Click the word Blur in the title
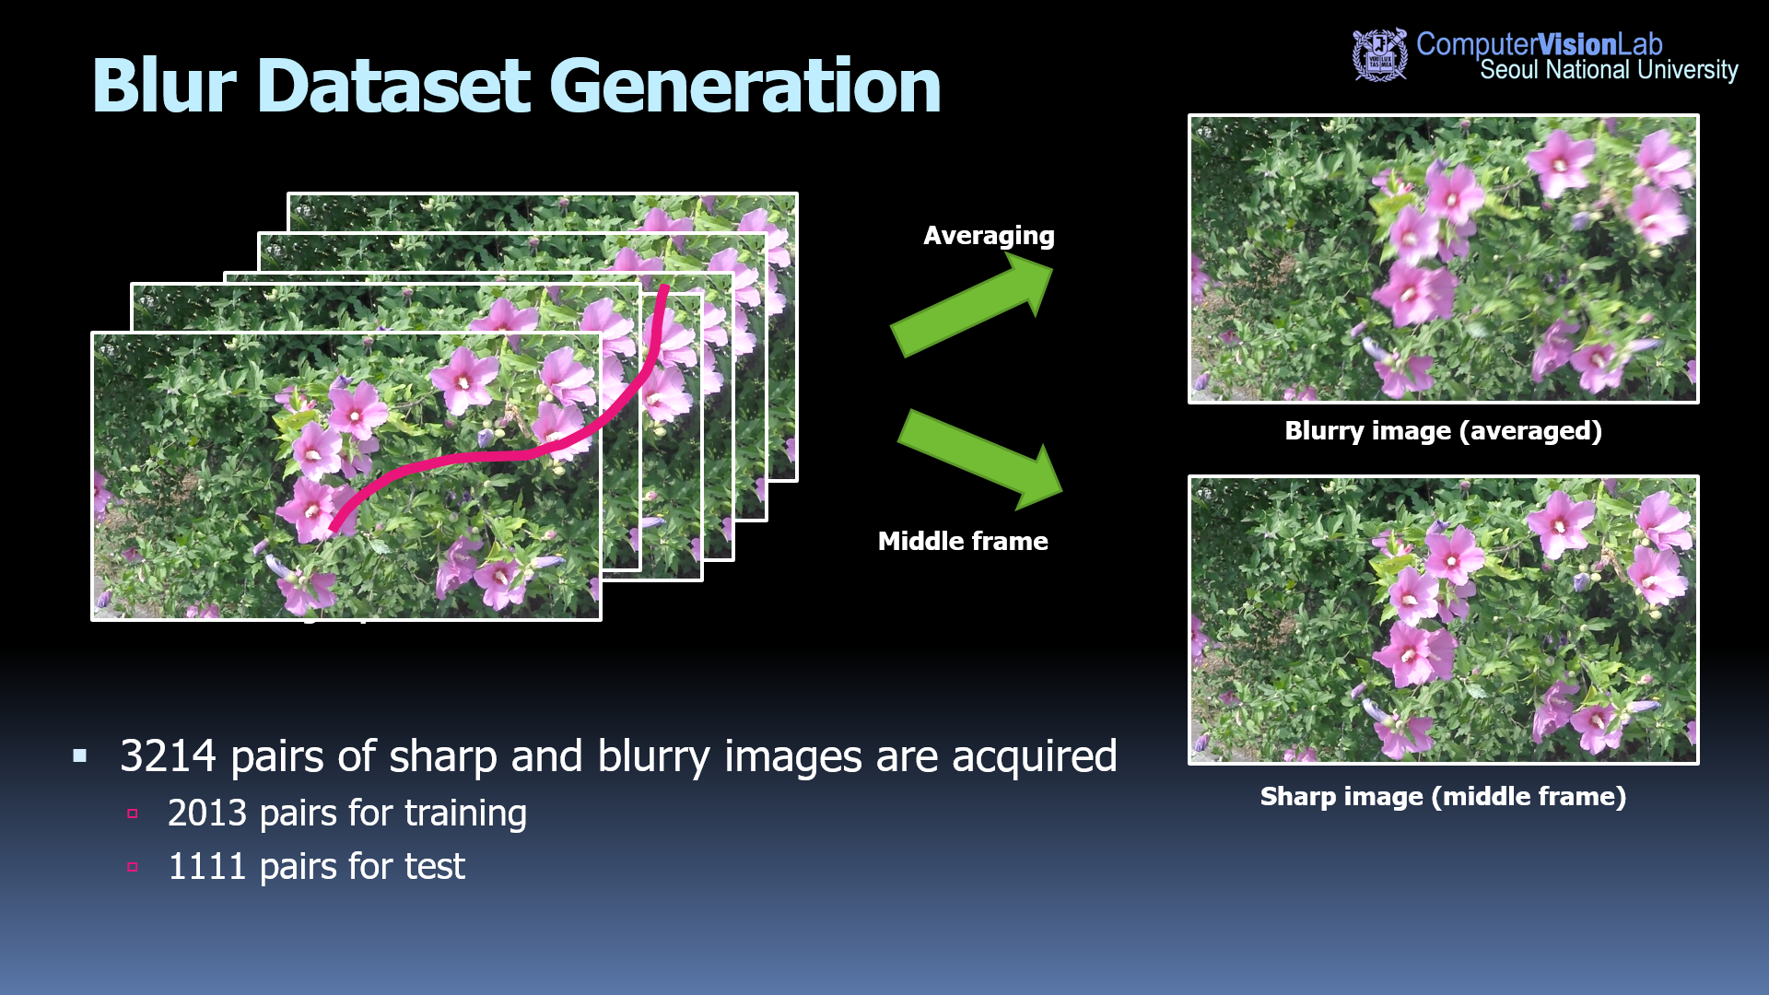(x=165, y=86)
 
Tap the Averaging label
(x=989, y=236)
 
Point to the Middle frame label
(x=963, y=541)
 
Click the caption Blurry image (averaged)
(x=1443, y=431)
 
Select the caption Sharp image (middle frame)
(x=1443, y=797)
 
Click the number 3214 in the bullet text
(x=168, y=756)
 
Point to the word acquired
(x=1034, y=758)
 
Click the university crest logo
(x=1379, y=54)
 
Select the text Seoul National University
(x=1609, y=70)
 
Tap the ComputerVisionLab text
(x=1539, y=43)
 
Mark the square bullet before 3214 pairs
(x=80, y=756)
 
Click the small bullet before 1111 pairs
(x=133, y=867)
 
